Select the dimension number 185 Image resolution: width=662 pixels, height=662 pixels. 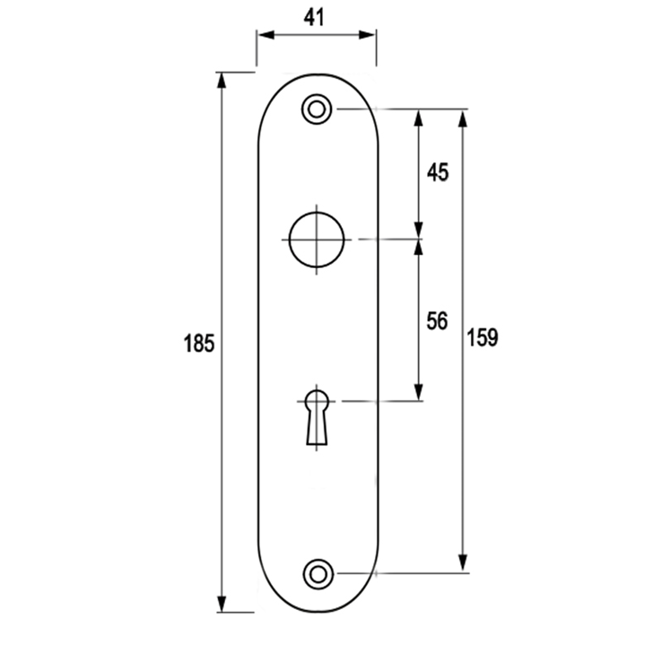(198, 343)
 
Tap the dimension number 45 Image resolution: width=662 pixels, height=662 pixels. (437, 172)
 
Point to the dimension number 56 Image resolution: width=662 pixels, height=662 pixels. (437, 320)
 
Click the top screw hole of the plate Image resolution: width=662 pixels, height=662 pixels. (316, 109)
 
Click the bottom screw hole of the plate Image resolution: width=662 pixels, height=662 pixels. (317, 572)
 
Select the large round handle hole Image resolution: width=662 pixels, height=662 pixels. (316, 240)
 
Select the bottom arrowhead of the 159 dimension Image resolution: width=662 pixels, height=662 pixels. (464, 564)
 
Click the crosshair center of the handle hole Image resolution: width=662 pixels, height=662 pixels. (316, 240)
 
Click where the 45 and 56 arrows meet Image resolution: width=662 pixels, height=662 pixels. (418, 240)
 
